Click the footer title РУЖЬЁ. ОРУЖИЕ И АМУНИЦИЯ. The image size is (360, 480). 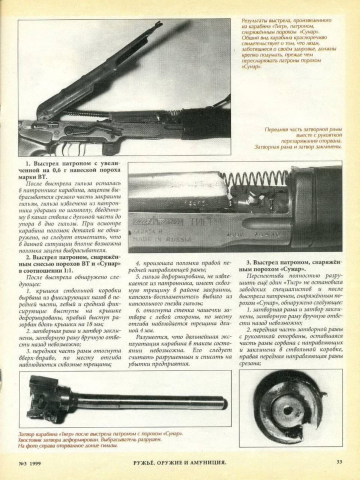coord(180,462)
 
